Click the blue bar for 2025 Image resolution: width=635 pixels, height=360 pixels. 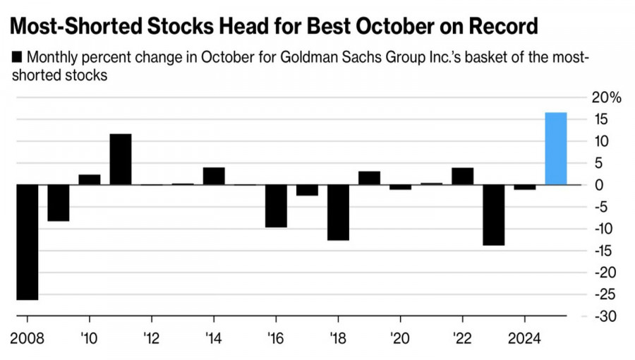pyautogui.click(x=556, y=149)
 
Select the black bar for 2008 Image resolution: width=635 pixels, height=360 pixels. pyautogui.click(x=27, y=242)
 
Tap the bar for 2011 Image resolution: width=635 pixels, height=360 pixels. pyautogui.click(x=120, y=159)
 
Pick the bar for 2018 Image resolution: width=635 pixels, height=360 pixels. pyautogui.click(x=338, y=212)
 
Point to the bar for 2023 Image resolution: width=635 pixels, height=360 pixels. pyautogui.click(x=494, y=215)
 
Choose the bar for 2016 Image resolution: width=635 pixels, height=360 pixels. pyautogui.click(x=276, y=206)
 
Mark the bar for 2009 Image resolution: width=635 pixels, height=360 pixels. pyautogui.click(x=58, y=203)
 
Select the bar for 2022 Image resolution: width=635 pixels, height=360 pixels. pyautogui.click(x=463, y=176)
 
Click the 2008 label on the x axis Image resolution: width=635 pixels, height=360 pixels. pyautogui.click(x=28, y=337)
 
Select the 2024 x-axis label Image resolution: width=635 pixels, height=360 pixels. pyautogui.click(x=524, y=337)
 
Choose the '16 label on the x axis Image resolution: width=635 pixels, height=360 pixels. pyautogui.click(x=275, y=337)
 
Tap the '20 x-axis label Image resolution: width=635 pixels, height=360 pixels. pyautogui.click(x=400, y=337)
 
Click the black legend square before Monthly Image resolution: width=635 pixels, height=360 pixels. pyautogui.click(x=17, y=58)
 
